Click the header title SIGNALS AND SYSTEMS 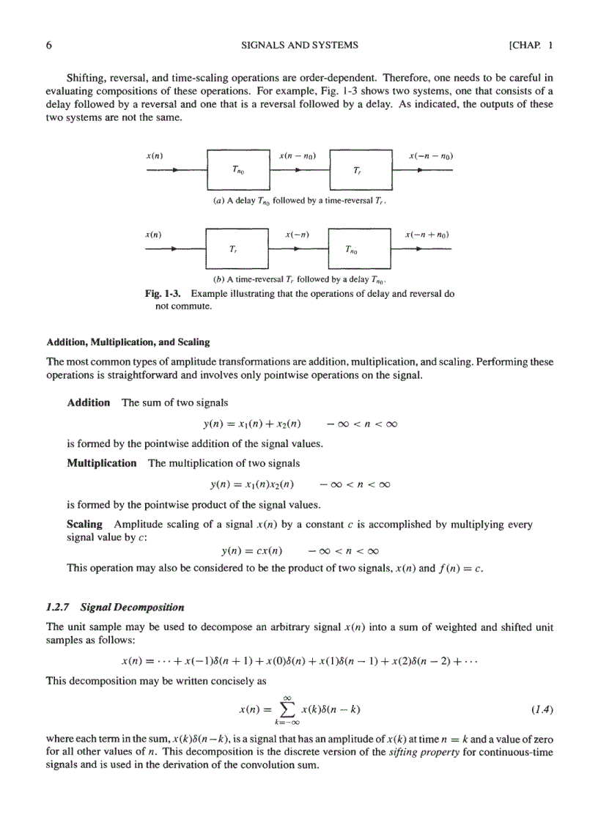pyautogui.click(x=300, y=45)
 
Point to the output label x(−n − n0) pyautogui.click(x=430, y=156)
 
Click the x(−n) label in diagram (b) pyautogui.click(x=297, y=235)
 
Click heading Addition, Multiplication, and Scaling pyautogui.click(x=128, y=342)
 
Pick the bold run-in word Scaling pyautogui.click(x=84, y=525)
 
